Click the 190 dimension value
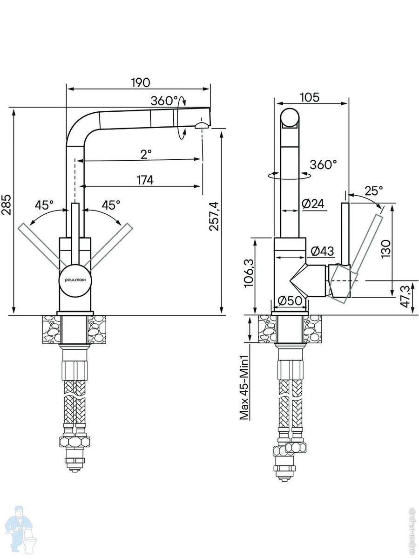[x=140, y=82]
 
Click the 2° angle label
[x=146, y=154]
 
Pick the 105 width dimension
[x=310, y=97]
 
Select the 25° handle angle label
[x=373, y=191]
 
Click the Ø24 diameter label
[x=312, y=204]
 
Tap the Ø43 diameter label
[x=321, y=251]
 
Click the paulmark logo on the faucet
[x=75, y=279]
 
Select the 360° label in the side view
[x=323, y=164]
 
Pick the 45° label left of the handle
[x=44, y=204]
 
